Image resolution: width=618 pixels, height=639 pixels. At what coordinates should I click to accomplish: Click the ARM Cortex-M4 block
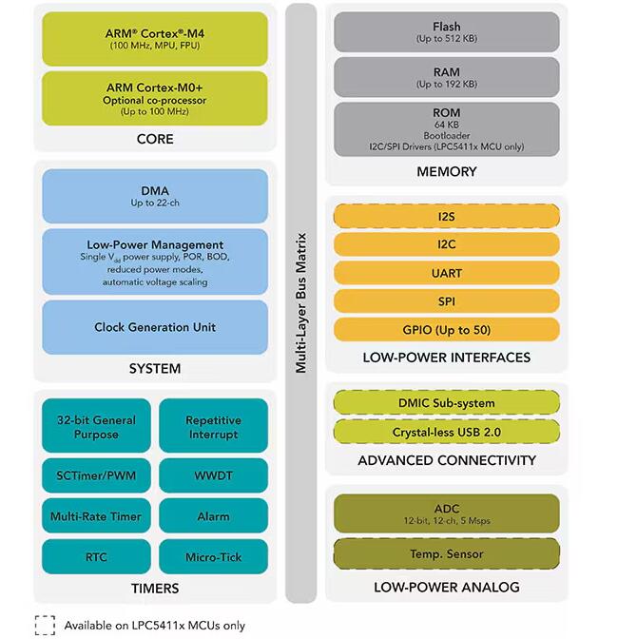[155, 39]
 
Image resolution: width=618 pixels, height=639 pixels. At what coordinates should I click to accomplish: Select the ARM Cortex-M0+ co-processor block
[155, 99]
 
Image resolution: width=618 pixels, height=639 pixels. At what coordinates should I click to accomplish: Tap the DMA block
[155, 196]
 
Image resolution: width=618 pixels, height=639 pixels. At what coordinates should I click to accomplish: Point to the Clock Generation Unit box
[155, 327]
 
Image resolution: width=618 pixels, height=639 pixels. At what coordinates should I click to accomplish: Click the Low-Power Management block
[155, 261]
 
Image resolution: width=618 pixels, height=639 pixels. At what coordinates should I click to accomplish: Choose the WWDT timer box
[214, 475]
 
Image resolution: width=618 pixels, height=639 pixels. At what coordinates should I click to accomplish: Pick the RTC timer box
[96, 556]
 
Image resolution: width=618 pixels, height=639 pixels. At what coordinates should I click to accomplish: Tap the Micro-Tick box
[214, 556]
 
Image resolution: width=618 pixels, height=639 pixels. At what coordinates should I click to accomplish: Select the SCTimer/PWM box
[96, 475]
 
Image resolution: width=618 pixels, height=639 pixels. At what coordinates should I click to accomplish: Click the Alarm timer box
[214, 515]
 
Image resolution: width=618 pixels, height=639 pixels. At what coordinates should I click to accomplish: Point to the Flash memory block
[447, 31]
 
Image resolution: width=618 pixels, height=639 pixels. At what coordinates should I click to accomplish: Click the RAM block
[447, 77]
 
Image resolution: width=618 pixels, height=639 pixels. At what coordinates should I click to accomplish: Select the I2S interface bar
[447, 216]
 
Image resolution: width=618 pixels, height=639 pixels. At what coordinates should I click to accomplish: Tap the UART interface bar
[447, 273]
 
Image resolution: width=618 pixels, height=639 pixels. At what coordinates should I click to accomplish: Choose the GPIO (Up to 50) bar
[447, 329]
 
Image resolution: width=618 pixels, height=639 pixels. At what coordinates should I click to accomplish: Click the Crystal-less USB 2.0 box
[447, 432]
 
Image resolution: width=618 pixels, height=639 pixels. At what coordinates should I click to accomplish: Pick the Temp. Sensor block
[447, 553]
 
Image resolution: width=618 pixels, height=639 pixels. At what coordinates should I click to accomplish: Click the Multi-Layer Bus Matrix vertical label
[300, 302]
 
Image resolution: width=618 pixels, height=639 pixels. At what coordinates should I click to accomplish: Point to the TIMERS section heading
[155, 588]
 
